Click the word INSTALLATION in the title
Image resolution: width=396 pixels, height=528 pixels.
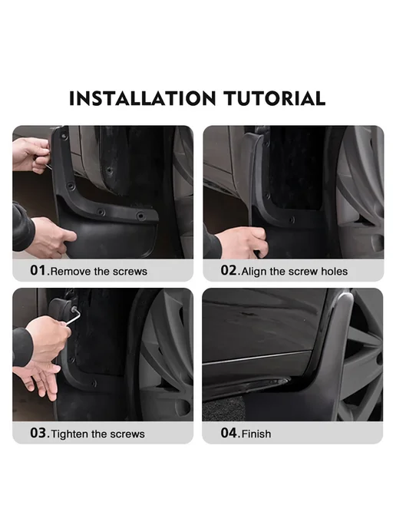pos(142,98)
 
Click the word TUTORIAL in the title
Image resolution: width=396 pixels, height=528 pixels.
pos(275,98)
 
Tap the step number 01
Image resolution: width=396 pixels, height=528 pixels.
pos(38,270)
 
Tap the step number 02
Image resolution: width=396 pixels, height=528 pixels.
pos(229,270)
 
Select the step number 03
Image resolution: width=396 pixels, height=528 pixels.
pos(38,433)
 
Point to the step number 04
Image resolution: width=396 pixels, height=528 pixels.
pos(229,433)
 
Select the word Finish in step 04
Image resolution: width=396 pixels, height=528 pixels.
pos(256,434)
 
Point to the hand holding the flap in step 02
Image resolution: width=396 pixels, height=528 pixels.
pos(243,242)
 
